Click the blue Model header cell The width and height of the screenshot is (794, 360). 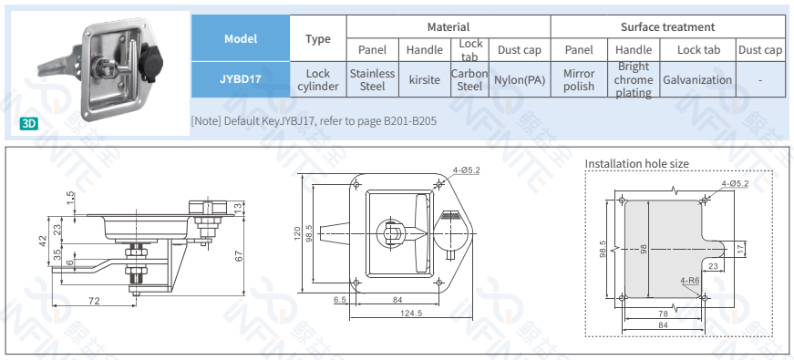click(x=241, y=38)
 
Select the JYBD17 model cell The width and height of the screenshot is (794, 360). click(x=241, y=79)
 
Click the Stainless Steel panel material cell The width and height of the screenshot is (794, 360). click(x=372, y=79)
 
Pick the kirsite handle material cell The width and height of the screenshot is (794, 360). click(x=425, y=79)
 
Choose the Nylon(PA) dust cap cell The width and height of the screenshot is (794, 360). click(x=519, y=79)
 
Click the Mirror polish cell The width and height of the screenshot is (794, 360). click(x=579, y=79)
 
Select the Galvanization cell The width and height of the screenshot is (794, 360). click(x=697, y=79)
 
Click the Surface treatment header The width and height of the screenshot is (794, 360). click(x=667, y=27)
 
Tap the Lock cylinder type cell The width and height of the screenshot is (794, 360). click(x=317, y=79)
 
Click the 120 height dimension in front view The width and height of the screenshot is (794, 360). click(x=297, y=234)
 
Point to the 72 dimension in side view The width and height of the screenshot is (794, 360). click(x=94, y=300)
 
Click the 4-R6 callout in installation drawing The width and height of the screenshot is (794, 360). click(x=689, y=281)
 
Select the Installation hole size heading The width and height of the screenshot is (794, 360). click(x=649, y=163)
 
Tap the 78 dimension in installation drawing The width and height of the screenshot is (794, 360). click(x=662, y=313)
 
